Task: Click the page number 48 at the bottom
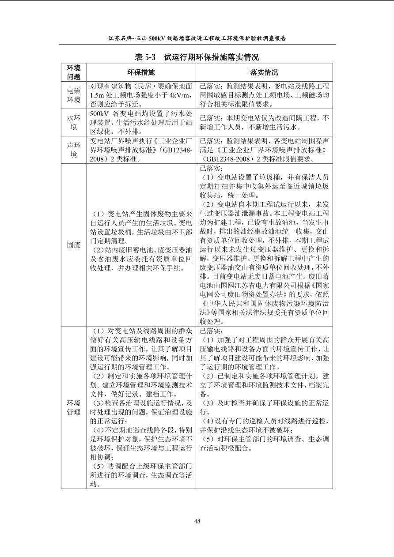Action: pos(197,521)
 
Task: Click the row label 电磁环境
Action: pos(74,95)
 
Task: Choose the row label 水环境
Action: pos(74,123)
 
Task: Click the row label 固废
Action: pos(74,245)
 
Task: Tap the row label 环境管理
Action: pos(74,407)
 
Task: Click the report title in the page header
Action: pos(197,38)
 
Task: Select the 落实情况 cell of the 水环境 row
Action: pos(264,123)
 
